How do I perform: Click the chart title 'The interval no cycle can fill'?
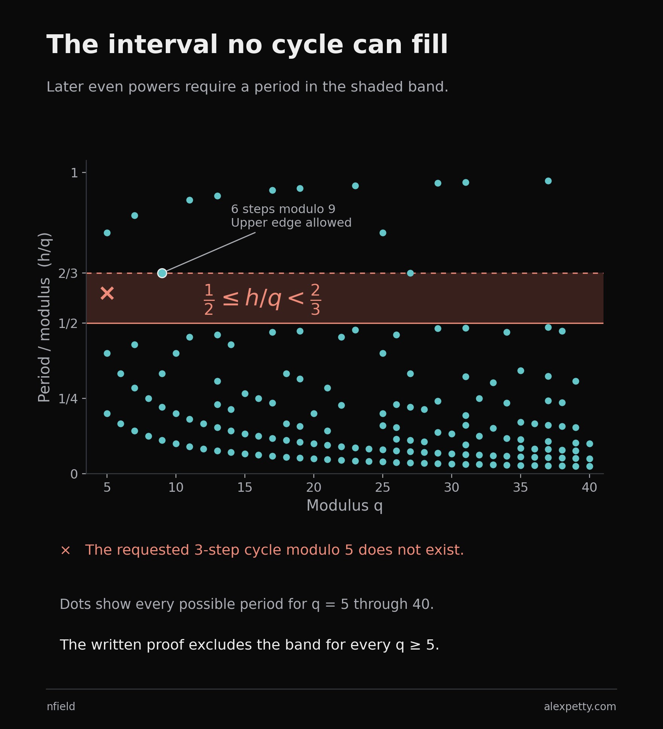[x=247, y=45]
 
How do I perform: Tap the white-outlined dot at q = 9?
[x=162, y=273]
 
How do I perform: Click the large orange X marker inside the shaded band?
[x=107, y=293]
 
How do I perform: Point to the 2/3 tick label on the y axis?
[x=68, y=273]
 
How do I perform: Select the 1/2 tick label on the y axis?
[x=68, y=323]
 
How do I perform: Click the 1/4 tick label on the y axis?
[x=68, y=398]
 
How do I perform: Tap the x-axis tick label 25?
[x=383, y=488]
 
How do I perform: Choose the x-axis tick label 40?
[x=590, y=488]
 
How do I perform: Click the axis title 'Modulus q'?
[x=345, y=506]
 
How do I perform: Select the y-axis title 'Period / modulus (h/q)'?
[x=44, y=317]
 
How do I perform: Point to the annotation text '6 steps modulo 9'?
[x=283, y=209]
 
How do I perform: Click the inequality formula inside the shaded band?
[x=262, y=299]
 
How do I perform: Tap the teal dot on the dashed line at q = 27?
[x=410, y=273]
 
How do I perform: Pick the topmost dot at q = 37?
[x=548, y=181]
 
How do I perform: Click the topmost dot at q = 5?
[x=107, y=233]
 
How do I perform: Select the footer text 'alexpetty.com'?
[x=580, y=706]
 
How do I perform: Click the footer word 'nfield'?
[x=61, y=706]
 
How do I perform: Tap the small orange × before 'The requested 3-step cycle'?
[x=66, y=551]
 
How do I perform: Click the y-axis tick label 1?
[x=75, y=173]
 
